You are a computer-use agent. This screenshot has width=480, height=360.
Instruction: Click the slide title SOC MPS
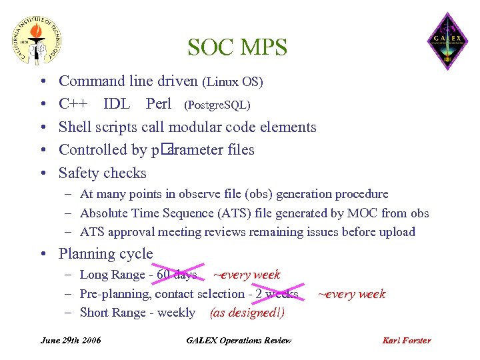237,47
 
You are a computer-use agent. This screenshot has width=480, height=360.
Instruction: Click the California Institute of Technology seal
39,40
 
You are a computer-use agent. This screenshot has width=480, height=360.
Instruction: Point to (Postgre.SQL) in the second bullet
217,105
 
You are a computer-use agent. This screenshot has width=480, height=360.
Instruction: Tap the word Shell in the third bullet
76,127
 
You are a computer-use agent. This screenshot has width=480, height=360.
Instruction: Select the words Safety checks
103,173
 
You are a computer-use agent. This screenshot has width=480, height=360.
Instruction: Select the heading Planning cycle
106,254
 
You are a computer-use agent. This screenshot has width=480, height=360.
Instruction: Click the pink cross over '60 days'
178,274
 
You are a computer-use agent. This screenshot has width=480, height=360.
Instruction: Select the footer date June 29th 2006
71,340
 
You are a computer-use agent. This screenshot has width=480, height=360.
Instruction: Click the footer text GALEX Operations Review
239,340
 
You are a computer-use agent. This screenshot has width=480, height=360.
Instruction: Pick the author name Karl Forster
407,340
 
